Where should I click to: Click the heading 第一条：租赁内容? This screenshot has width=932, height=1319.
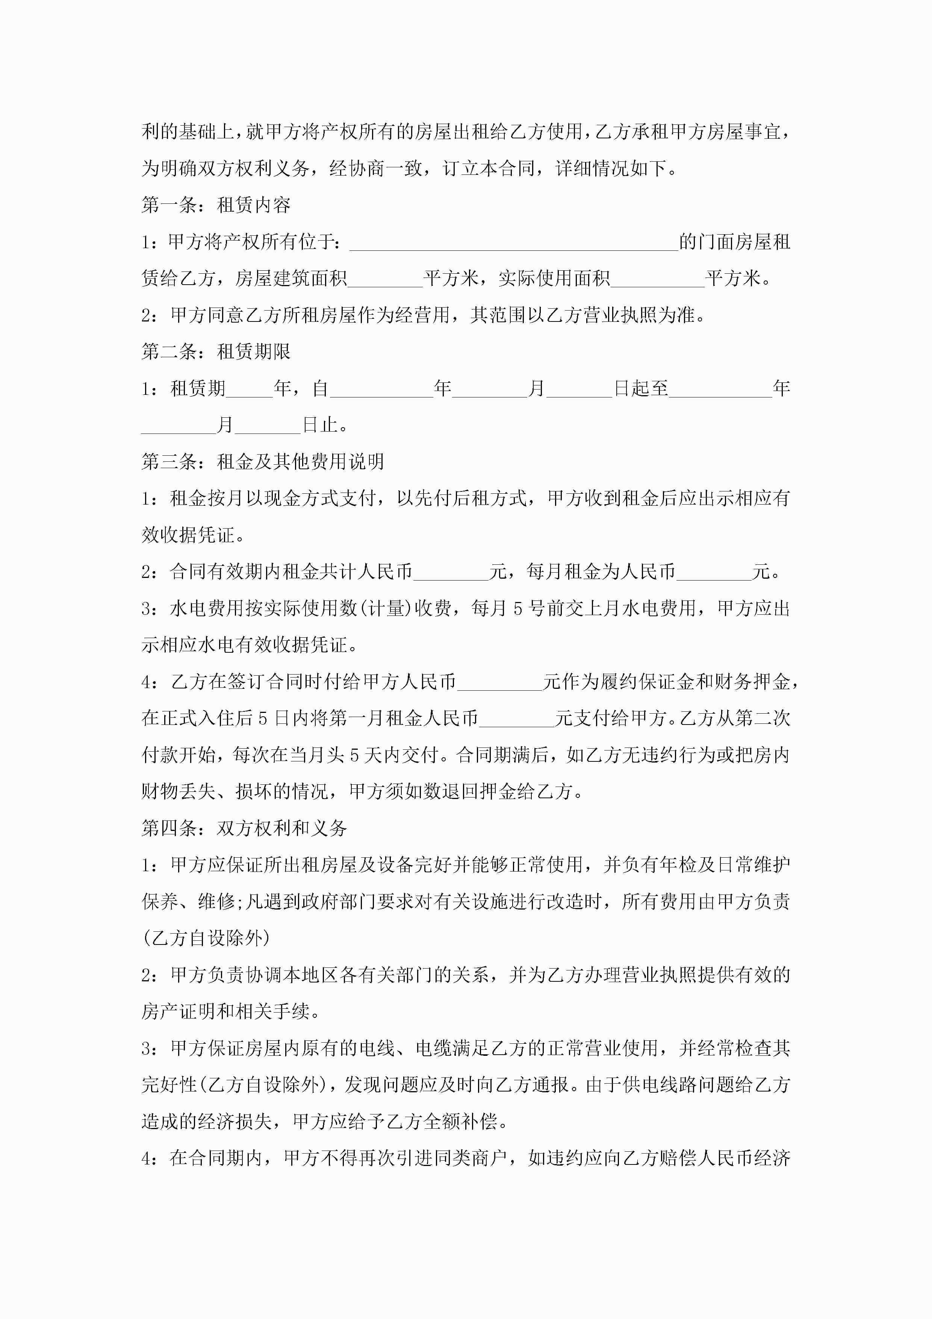click(x=216, y=205)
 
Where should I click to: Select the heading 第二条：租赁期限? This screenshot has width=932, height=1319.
click(x=216, y=352)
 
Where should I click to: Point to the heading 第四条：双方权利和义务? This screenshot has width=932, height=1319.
click(x=244, y=828)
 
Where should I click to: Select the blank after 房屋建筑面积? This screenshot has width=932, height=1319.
click(x=385, y=279)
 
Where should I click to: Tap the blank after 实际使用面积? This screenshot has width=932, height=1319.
click(x=658, y=279)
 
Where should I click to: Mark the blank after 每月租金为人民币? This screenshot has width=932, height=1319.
click(x=713, y=572)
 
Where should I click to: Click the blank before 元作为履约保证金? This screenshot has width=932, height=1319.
click(x=499, y=682)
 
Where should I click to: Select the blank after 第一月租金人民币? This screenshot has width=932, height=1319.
click(x=516, y=719)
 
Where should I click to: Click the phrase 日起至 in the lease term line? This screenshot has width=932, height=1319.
click(x=641, y=389)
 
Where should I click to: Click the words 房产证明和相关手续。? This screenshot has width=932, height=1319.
click(x=231, y=1011)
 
